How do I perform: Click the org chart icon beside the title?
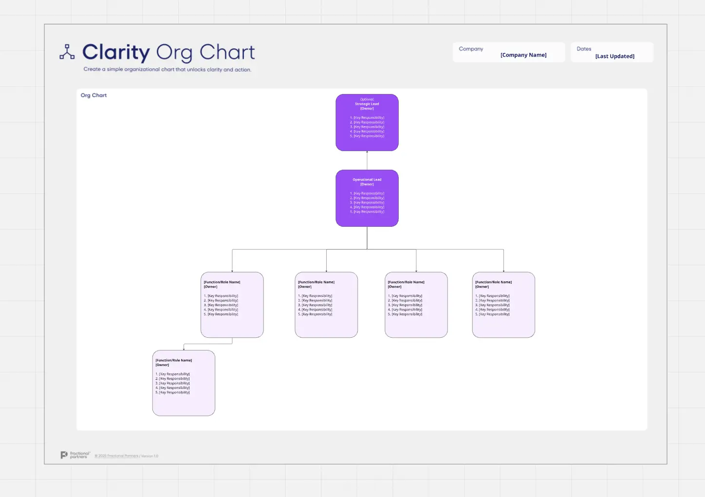click(67, 52)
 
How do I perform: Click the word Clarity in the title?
click(116, 53)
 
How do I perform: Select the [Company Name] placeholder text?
click(523, 55)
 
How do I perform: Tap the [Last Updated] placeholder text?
click(614, 56)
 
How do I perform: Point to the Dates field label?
click(584, 49)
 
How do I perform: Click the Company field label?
click(471, 49)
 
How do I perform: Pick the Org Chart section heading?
click(93, 95)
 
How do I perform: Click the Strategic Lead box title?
click(367, 104)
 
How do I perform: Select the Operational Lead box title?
click(367, 180)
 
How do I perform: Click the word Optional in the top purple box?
click(367, 99)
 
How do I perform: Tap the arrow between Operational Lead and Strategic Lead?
click(367, 160)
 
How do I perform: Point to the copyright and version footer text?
click(127, 456)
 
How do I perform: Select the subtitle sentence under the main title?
click(167, 70)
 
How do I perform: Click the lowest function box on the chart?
click(184, 383)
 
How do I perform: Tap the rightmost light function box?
click(503, 305)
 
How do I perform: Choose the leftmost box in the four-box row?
click(232, 305)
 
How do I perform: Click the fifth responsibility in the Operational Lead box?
click(369, 212)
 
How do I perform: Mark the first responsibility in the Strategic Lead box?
click(369, 118)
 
